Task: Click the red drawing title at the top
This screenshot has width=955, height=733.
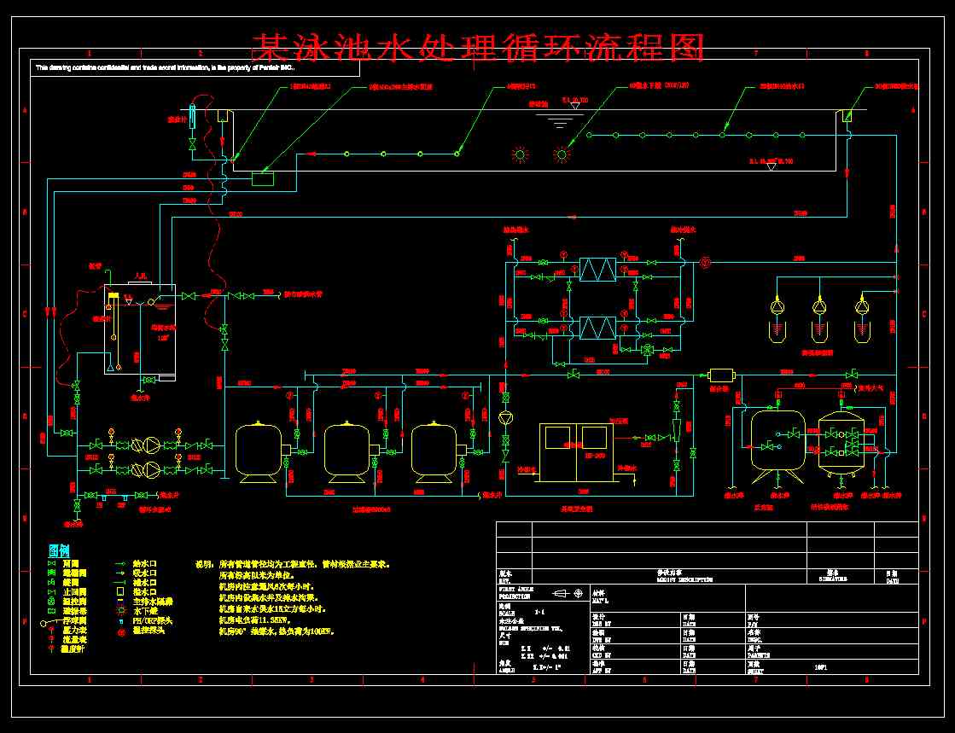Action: click(478, 48)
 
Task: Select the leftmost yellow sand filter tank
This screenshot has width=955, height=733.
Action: click(259, 448)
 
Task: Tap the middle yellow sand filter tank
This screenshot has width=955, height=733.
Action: click(346, 448)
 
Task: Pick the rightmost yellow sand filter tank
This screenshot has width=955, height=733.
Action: click(435, 448)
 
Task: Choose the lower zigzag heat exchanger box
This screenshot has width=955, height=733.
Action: click(597, 328)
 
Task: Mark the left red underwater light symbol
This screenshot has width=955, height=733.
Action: click(520, 154)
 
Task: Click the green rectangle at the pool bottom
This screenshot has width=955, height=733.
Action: click(263, 178)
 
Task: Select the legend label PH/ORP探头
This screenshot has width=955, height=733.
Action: click(154, 620)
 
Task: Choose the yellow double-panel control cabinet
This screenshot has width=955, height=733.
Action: click(576, 451)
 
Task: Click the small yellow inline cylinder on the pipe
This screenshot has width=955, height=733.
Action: click(722, 375)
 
